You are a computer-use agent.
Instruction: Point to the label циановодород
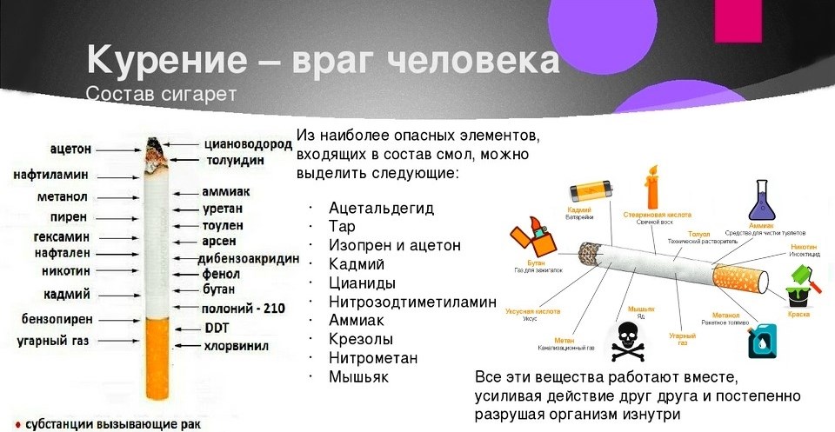coord(248,144)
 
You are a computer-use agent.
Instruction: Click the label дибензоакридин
coord(250,258)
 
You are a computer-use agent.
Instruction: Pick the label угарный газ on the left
coord(52,341)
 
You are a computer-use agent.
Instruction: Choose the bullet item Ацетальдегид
coord(381,208)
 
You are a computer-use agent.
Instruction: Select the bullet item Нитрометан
coord(373,358)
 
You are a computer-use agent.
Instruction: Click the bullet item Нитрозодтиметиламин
coord(412,302)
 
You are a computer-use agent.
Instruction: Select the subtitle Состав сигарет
coord(161,92)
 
